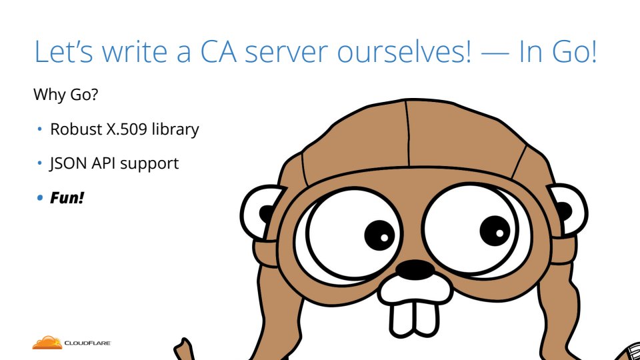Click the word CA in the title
[x=219, y=51]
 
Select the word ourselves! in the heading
[x=404, y=51]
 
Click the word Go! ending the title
[x=575, y=51]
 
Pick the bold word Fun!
[x=67, y=198]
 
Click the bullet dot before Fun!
[x=39, y=198]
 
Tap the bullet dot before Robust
[x=39, y=129]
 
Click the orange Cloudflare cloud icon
[x=47, y=343]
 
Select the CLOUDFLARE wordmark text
[x=87, y=343]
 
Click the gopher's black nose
[x=415, y=270]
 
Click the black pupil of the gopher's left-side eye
[x=379, y=235]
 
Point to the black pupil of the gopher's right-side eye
[x=495, y=231]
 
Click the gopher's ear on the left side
[x=261, y=212]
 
